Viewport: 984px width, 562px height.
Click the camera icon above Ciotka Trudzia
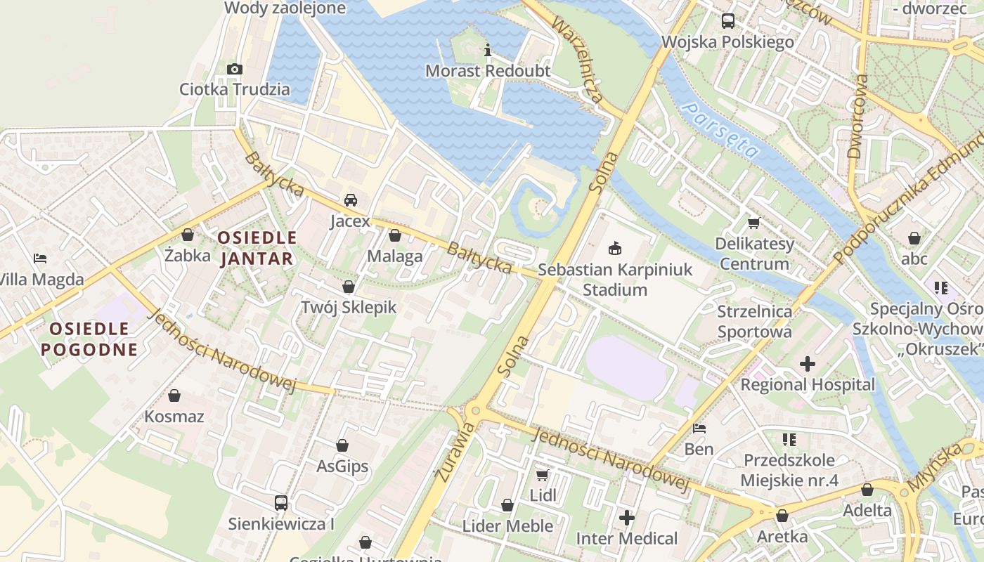(x=235, y=69)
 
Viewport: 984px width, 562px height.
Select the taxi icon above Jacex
(x=350, y=200)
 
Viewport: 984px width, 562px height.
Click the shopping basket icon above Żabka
(x=188, y=235)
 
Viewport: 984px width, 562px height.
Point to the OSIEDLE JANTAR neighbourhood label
(x=257, y=247)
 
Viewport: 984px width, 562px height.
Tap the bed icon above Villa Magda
(x=40, y=259)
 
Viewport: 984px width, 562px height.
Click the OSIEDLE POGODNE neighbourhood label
(x=89, y=339)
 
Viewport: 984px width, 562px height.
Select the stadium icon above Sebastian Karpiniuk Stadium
(x=615, y=248)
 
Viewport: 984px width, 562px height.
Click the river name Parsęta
(x=720, y=130)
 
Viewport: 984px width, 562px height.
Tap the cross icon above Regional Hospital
(x=808, y=364)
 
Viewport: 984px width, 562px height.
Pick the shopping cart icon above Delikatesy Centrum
(x=754, y=223)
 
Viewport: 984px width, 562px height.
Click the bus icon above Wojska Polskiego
(x=727, y=21)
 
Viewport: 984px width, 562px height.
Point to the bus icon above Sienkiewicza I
(x=281, y=502)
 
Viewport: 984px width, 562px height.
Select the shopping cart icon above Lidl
(x=543, y=475)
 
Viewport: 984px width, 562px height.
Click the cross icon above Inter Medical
(x=626, y=518)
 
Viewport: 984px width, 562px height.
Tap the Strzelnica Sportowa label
(x=755, y=321)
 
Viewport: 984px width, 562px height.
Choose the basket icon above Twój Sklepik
(x=349, y=287)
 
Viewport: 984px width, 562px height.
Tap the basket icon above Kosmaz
(x=174, y=396)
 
